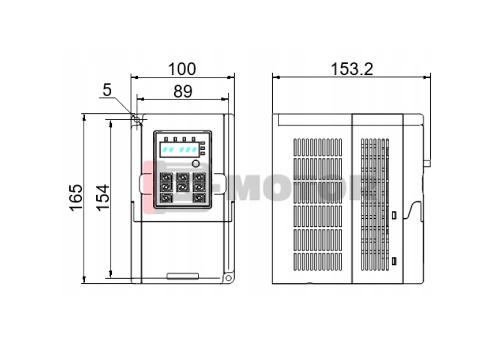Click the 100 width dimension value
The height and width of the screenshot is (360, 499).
pyautogui.click(x=182, y=69)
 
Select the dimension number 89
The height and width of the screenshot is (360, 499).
pyautogui.click(x=183, y=91)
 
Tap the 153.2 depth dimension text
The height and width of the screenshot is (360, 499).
pyautogui.click(x=352, y=69)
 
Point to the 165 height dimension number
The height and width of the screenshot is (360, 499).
pyautogui.click(x=76, y=197)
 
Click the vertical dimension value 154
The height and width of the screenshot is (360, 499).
pyautogui.click(x=103, y=197)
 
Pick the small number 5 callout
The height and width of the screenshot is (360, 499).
pyautogui.click(x=107, y=90)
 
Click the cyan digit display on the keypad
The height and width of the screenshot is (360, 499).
pyautogui.click(x=179, y=149)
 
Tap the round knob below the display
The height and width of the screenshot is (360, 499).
pyautogui.click(x=195, y=164)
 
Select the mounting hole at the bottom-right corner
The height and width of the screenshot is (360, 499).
pyautogui.click(x=228, y=278)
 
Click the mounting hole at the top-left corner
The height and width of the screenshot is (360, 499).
pyautogui.click(x=137, y=120)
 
